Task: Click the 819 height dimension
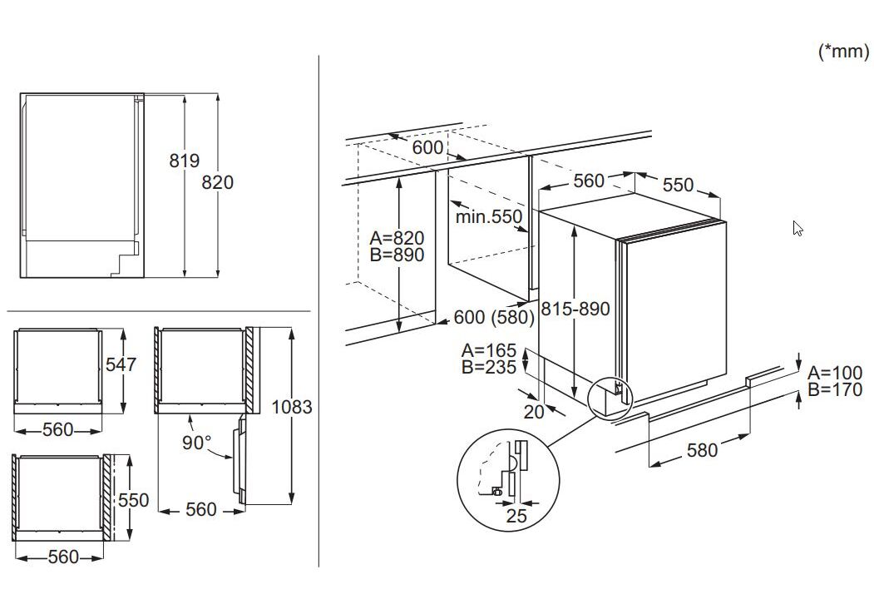click(x=184, y=161)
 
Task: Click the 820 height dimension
click(x=218, y=181)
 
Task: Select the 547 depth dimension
click(x=121, y=364)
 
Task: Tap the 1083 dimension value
click(x=292, y=407)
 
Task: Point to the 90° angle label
click(x=197, y=443)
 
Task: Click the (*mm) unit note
click(x=843, y=52)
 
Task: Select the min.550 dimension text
click(x=489, y=217)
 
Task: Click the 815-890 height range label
click(x=575, y=309)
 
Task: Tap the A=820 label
click(x=397, y=239)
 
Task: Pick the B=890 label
click(x=397, y=255)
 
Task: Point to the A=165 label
click(x=488, y=350)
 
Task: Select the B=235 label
click(x=488, y=367)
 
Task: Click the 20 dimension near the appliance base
click(x=534, y=410)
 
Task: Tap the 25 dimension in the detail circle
click(x=516, y=516)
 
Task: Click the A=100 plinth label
click(x=834, y=373)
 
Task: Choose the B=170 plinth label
click(x=834, y=389)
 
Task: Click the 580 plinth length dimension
click(x=702, y=450)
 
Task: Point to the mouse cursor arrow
click(x=797, y=228)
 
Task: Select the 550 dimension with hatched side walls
click(x=133, y=500)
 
